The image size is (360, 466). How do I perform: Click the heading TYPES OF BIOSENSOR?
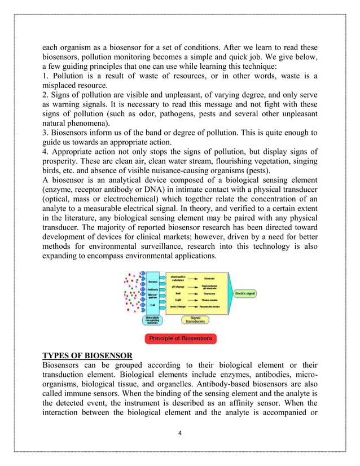[87, 355]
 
